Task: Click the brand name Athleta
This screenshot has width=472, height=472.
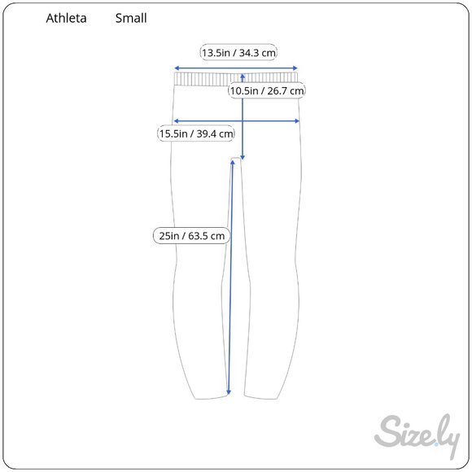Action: click(66, 18)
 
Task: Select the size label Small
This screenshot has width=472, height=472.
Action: click(131, 18)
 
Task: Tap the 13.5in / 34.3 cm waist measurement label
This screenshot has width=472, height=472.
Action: click(238, 53)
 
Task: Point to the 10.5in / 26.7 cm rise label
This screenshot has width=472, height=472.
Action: click(266, 90)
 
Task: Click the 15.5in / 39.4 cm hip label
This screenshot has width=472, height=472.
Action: click(195, 133)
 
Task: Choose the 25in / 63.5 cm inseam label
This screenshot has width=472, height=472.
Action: click(191, 235)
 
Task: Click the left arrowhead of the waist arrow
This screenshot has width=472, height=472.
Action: click(177, 68)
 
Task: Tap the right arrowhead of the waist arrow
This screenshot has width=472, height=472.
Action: click(295, 68)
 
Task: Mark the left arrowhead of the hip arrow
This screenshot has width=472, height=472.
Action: click(176, 121)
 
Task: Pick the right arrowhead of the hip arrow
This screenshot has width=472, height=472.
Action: click(297, 121)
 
